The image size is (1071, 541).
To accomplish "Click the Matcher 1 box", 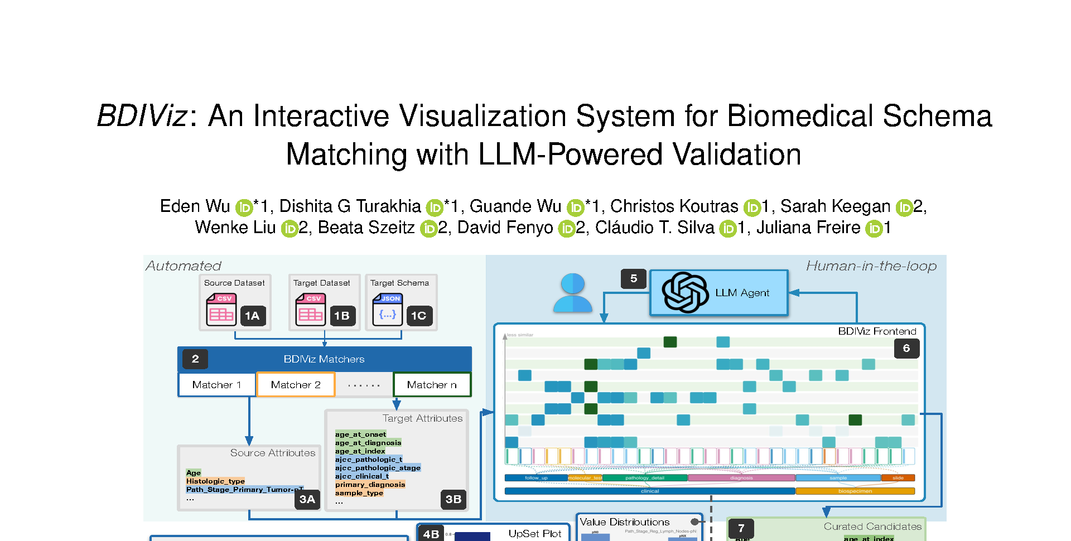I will [216, 385].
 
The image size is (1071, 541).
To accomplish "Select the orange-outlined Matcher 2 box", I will [296, 385].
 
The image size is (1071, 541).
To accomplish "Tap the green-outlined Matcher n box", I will [432, 385].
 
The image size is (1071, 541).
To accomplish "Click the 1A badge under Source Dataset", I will [252, 316].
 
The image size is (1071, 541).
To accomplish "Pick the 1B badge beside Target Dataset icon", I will [341, 316].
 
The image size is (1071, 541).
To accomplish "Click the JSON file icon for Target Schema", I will [387, 310].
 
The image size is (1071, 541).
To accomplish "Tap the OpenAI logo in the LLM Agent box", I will [685, 293].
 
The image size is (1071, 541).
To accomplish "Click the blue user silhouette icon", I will [573, 293].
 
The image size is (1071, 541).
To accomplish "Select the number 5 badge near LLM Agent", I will [634, 279].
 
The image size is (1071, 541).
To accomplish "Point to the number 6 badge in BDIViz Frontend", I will [906, 349].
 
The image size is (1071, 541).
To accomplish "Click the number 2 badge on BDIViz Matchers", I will [195, 359].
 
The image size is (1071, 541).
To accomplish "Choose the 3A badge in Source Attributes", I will [307, 499].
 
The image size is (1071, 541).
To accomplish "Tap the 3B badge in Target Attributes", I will [453, 499].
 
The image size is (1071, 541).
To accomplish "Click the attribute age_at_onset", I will [360, 434].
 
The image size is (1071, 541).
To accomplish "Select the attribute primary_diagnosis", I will [370, 485].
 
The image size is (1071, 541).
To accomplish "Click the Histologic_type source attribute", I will [215, 481].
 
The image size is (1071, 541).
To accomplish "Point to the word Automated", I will [184, 266].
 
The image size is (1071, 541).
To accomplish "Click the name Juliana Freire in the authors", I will [808, 228].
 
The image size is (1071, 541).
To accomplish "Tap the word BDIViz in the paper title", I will [142, 116].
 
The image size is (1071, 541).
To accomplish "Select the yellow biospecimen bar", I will [855, 491].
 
